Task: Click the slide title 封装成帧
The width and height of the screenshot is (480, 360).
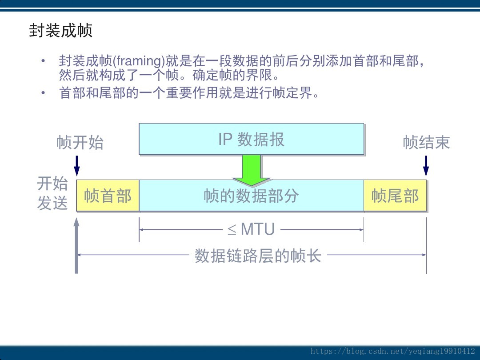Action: click(60, 31)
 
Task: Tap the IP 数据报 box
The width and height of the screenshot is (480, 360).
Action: click(251, 139)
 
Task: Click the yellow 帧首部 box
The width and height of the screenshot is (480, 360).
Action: click(108, 196)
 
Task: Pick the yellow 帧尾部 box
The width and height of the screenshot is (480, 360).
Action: click(395, 196)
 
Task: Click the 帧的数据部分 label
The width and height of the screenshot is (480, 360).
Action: click(251, 196)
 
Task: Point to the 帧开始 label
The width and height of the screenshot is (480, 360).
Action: click(80, 143)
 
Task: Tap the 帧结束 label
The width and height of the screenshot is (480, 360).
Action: click(426, 143)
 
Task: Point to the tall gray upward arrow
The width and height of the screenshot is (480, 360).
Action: click(76, 244)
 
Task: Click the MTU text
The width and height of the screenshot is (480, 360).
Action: click(257, 230)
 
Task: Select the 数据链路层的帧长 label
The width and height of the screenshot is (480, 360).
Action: click(258, 256)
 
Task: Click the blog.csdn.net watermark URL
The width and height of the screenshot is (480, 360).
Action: click(393, 351)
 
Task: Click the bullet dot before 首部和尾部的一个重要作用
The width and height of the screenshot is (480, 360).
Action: click(43, 93)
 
